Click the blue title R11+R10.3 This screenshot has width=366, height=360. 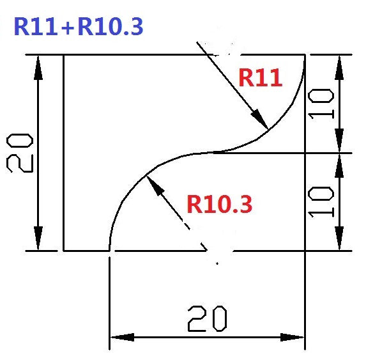coord(79,27)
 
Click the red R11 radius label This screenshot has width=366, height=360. coord(261,77)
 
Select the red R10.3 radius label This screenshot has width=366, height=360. coord(220,204)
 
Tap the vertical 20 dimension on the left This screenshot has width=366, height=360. coord(20,153)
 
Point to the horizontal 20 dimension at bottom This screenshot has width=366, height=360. coord(208,319)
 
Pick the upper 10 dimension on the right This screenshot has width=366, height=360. coord(321,104)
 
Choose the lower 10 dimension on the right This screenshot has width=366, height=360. coord(321,202)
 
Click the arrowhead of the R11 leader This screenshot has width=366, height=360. coord(259,119)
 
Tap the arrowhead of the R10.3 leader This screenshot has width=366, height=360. coord(155,185)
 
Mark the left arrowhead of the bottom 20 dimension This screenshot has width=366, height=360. coord(122,337)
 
